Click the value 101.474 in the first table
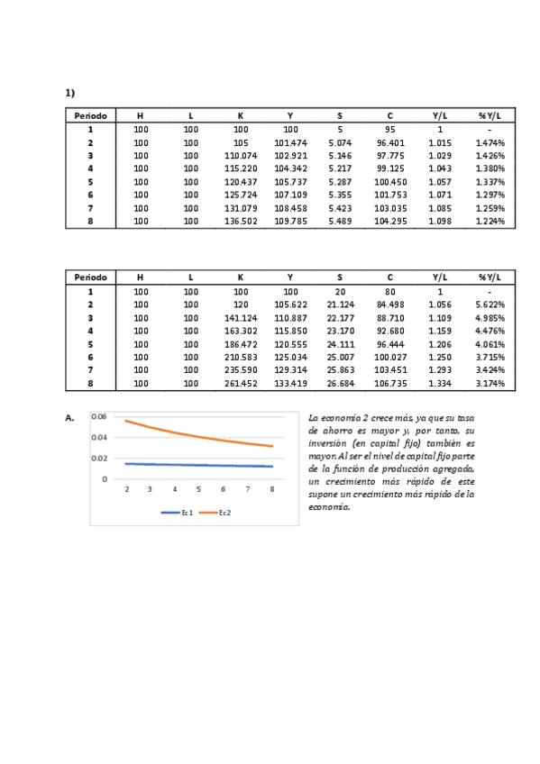pyautogui.click(x=289, y=142)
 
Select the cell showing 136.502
pyautogui.click(x=241, y=221)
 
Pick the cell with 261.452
pyautogui.click(x=241, y=383)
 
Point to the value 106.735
pyautogui.click(x=390, y=383)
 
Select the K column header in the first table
pyautogui.click(x=241, y=115)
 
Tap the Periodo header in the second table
pyautogui.click(x=90, y=277)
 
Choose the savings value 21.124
pyautogui.click(x=340, y=305)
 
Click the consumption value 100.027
pyautogui.click(x=390, y=357)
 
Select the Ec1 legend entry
pyautogui.click(x=178, y=512)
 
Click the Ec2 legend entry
pyautogui.click(x=215, y=512)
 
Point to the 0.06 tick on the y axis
pyautogui.click(x=99, y=416)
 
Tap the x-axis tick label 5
pyautogui.click(x=198, y=489)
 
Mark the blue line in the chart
pyautogui.click(x=198, y=465)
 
